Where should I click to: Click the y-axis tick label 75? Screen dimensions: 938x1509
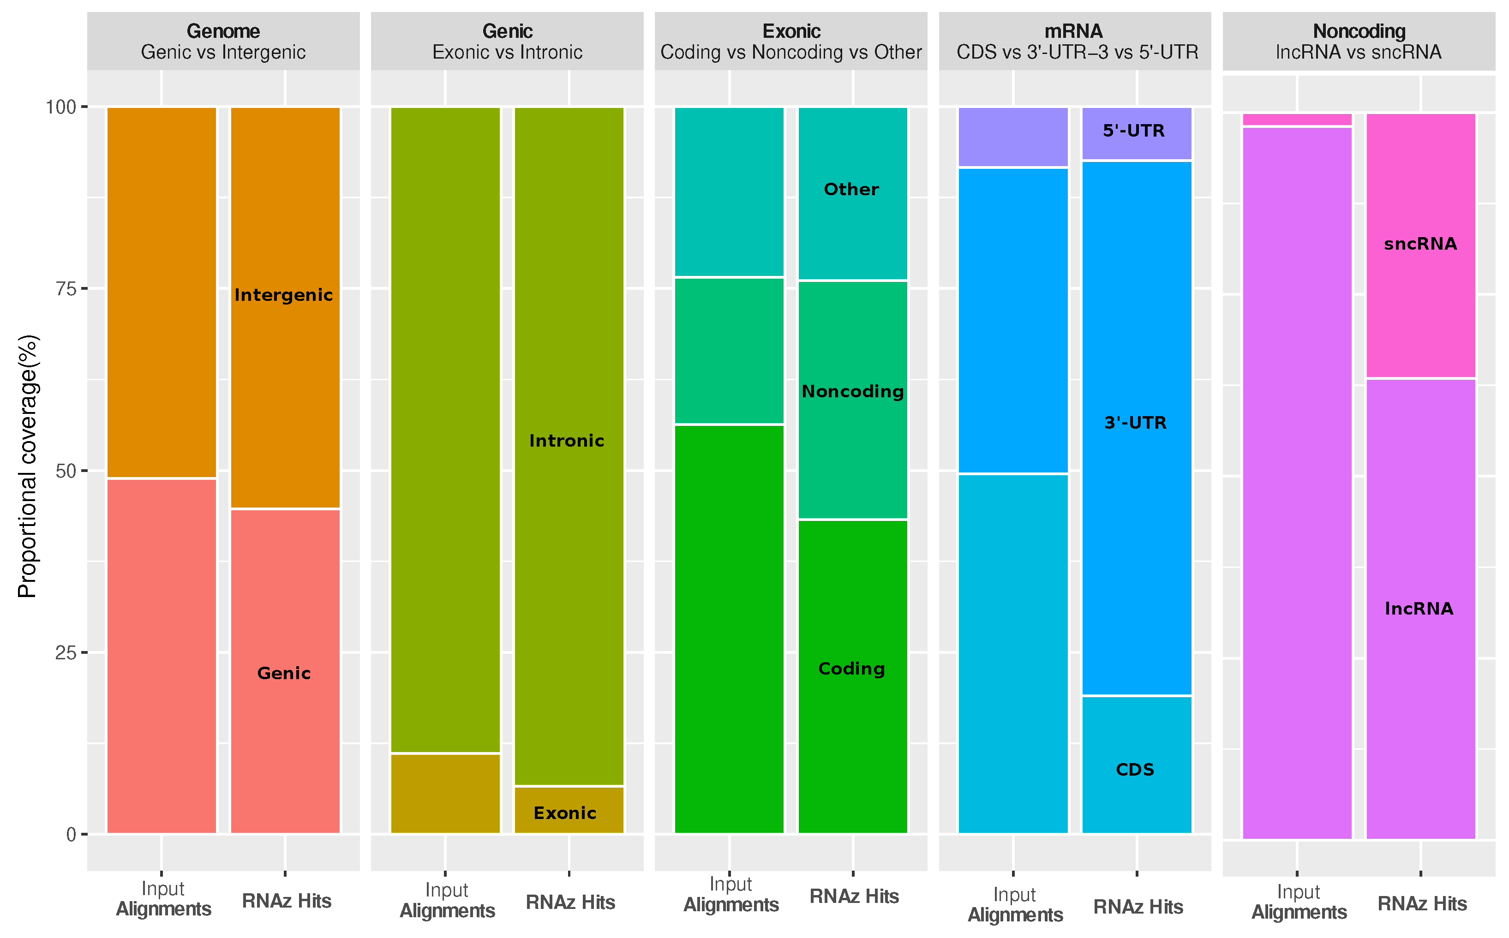pos(65,289)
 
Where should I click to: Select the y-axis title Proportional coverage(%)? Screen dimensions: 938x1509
pos(28,466)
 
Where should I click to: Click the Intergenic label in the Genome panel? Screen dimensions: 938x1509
pos(283,295)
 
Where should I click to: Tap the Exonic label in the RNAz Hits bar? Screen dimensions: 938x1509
pos(565,813)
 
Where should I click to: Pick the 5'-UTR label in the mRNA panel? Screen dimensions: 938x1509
pos(1134,131)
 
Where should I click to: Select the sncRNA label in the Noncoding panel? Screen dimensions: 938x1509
pos(1420,244)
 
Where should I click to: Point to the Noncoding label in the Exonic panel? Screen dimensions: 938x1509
pos(852,391)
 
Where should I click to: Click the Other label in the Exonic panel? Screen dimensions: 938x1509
pos(851,189)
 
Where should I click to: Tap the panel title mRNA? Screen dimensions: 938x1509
pos(1073,31)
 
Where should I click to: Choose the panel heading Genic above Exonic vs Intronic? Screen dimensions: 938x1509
pos(507,31)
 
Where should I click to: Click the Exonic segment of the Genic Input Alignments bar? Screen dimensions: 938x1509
pos(445,794)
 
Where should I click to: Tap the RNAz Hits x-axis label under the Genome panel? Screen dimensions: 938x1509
pos(286,901)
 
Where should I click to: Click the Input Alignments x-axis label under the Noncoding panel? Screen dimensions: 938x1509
pos(1299,902)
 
